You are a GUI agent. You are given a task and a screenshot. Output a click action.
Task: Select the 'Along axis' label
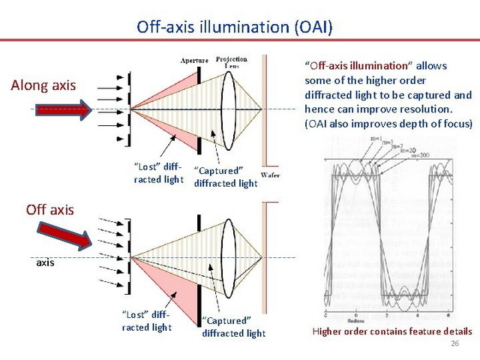point(43,85)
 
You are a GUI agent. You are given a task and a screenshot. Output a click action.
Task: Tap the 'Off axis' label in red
point(49,209)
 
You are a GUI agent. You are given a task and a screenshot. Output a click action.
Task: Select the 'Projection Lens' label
point(232,61)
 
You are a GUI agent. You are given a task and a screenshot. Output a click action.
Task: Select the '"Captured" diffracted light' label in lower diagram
point(233,327)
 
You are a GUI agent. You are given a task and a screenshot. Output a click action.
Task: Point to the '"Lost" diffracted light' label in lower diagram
point(146,321)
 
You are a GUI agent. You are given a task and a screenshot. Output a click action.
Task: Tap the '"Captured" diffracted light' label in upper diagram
point(226,177)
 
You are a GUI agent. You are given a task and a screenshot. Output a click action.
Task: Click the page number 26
point(454,343)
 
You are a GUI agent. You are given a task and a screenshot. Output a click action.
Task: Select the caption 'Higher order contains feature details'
point(391,331)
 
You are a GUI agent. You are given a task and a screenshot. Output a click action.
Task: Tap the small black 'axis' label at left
point(46,263)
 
